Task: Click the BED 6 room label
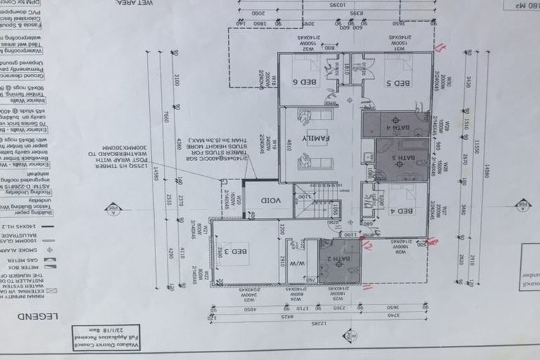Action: point(309,82)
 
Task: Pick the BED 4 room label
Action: point(403,210)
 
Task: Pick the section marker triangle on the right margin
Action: point(522,205)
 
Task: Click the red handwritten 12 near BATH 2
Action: point(367,244)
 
